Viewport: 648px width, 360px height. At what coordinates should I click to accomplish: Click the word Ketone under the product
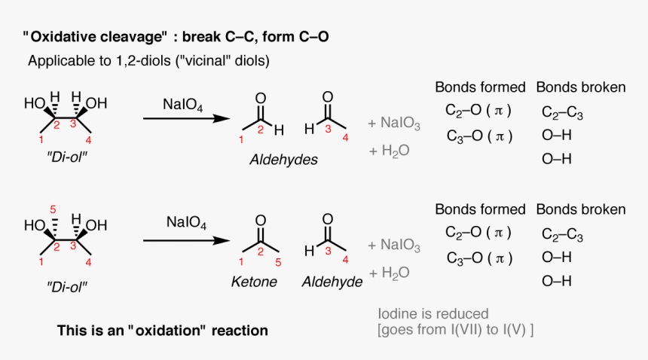click(x=254, y=282)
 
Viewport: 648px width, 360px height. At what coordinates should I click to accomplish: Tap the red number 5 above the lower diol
click(x=53, y=209)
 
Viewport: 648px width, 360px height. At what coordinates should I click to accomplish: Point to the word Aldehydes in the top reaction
click(x=285, y=160)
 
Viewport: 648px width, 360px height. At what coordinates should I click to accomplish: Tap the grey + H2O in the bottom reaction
click(x=389, y=273)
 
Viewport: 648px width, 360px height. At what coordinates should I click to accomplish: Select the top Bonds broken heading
click(x=580, y=87)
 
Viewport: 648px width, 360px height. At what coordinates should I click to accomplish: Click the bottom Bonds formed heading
click(x=480, y=209)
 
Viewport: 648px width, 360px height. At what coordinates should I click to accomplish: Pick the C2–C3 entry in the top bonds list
click(x=562, y=113)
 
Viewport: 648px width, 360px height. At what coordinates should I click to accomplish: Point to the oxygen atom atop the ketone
click(x=260, y=221)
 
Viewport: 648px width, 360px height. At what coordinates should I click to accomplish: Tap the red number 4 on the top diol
click(x=89, y=140)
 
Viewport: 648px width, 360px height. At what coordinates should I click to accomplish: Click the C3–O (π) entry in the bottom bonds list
click(x=478, y=258)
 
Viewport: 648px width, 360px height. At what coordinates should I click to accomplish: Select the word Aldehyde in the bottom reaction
click(x=332, y=282)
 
